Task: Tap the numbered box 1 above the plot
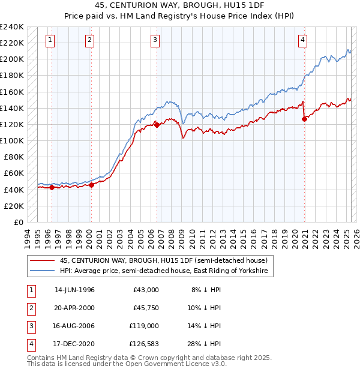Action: [x=50, y=40]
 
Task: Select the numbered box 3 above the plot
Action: [x=155, y=40]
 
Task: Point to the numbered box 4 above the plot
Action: [x=303, y=40]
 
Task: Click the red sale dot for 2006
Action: [x=157, y=125]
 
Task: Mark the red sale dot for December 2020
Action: [x=305, y=119]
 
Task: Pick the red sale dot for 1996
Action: [x=52, y=187]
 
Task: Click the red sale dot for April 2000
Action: [x=91, y=185]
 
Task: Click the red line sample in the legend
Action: [x=42, y=260]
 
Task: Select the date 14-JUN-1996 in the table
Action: [x=74, y=290]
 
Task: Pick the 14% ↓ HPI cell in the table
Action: [x=205, y=326]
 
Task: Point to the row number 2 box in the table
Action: [x=29, y=308]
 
